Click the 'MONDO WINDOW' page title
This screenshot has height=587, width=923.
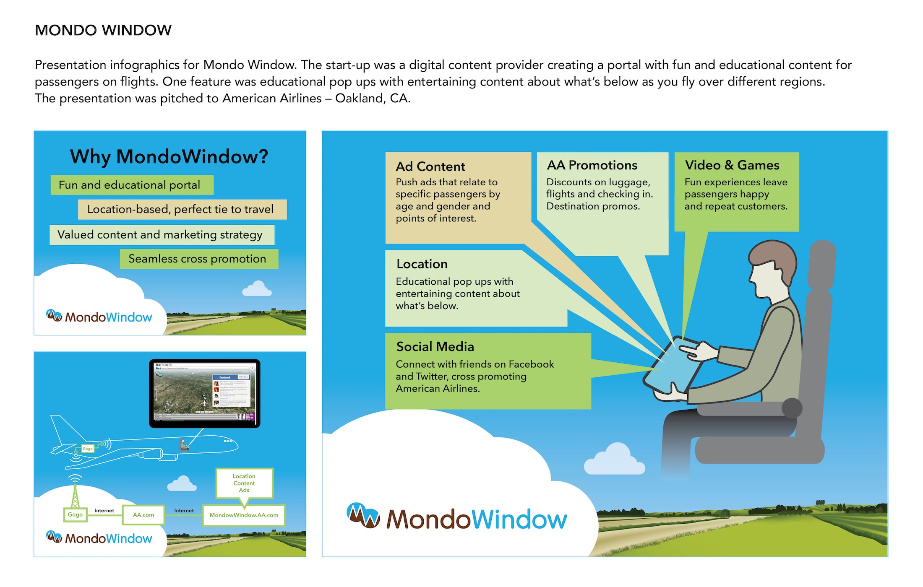click(x=103, y=30)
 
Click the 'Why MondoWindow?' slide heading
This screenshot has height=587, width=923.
click(x=169, y=156)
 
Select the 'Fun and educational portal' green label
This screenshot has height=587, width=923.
click(x=132, y=185)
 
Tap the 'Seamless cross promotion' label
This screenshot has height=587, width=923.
click(x=198, y=259)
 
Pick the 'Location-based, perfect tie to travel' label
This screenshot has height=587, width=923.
click(x=182, y=209)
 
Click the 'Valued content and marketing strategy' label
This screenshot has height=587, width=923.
click(x=162, y=234)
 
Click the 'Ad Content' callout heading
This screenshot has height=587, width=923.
click(x=430, y=166)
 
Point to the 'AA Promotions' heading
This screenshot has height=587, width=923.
click(x=592, y=165)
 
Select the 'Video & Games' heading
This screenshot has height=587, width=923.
click(x=732, y=165)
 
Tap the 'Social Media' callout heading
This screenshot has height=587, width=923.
click(x=435, y=347)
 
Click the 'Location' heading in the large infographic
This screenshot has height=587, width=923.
click(x=422, y=264)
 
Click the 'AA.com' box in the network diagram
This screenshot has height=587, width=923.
click(x=143, y=515)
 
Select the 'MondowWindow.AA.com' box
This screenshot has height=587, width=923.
click(x=244, y=515)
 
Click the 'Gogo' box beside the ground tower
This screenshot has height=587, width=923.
click(x=75, y=514)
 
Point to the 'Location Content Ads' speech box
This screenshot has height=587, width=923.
click(x=244, y=483)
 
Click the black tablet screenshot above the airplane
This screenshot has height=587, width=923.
click(x=205, y=393)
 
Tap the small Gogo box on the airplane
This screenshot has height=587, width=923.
click(x=87, y=449)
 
